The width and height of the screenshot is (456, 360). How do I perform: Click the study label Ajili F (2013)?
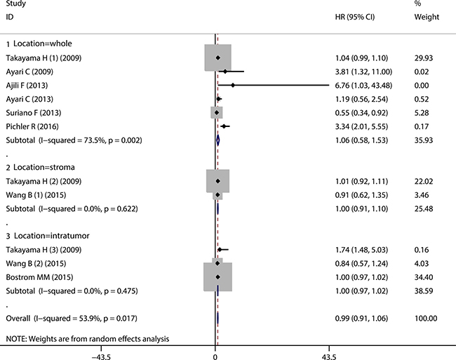coord(27,86)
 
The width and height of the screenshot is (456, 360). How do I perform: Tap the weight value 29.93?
coord(424,58)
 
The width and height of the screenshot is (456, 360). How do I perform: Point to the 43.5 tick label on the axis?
coord(329,356)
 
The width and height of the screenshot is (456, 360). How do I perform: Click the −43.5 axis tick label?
coord(101,356)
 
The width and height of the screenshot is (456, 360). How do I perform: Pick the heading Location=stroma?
coord(44,167)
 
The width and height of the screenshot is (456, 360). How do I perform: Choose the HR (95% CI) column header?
coord(355,17)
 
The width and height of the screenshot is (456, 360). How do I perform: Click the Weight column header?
coord(427,17)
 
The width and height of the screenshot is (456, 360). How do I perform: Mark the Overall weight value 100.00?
coord(426,319)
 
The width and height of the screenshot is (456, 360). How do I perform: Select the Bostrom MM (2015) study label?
coord(39,277)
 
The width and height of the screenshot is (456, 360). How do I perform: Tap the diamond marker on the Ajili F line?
coord(233,85)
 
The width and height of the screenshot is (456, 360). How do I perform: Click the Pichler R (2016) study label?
coord(32,126)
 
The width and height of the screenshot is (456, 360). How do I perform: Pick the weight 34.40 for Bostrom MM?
coord(424,277)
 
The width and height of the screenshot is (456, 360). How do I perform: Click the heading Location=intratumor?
coord(52,236)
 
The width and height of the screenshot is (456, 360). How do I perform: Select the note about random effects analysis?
coord(88,339)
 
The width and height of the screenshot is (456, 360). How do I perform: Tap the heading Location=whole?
coord(43,44)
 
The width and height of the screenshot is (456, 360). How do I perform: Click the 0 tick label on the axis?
coord(215,356)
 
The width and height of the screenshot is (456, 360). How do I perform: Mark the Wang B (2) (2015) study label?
coord(36,263)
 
